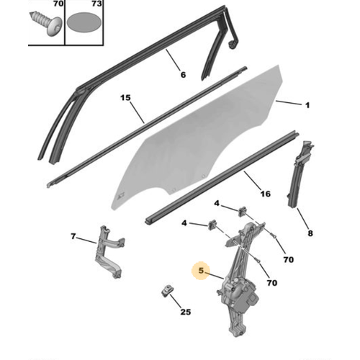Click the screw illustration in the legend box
coord(46,24)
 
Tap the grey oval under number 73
coord(84,22)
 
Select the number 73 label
coord(96,4)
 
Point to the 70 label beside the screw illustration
coord(58,4)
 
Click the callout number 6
coord(183,75)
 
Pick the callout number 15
coord(125,98)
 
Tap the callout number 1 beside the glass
coord(307,105)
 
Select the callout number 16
coord(266,194)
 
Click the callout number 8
coord(310,233)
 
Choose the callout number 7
coord(73,236)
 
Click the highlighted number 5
coord(201,271)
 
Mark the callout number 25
coord(186,312)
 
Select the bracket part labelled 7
coord(109,251)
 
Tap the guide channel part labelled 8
coord(300,174)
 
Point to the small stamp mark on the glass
coord(120,197)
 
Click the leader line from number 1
coord(289,103)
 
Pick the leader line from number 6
coord(173,60)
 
